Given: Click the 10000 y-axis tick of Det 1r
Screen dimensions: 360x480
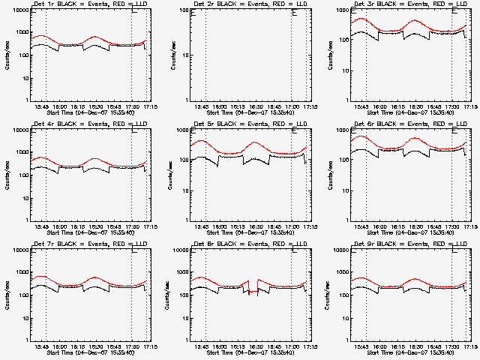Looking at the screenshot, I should coord(19,10).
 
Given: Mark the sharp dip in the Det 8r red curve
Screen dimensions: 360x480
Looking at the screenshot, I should coord(250,292).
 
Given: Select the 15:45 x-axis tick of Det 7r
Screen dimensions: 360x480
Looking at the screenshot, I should coord(43,346).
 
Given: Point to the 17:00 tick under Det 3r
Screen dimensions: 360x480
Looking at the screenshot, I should coord(452,106).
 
